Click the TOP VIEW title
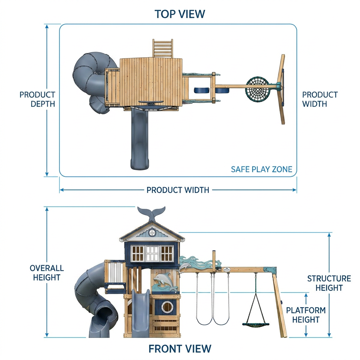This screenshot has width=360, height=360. point(180,14)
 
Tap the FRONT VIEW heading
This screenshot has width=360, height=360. point(180,348)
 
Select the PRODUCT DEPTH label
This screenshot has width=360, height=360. point(37,99)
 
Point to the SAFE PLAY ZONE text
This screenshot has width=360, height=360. point(262,169)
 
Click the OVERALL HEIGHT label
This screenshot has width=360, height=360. point(47,272)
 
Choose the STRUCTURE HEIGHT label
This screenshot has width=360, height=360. point(329,283)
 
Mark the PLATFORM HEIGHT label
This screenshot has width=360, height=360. point(306,315)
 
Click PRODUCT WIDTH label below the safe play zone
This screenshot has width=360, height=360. point(178,190)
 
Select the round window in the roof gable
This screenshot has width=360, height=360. point(152,232)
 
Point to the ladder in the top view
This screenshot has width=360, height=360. point(162,48)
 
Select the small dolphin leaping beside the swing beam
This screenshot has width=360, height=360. point(184,268)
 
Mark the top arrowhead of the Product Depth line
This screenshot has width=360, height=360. point(47,26)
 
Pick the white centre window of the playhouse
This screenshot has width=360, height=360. point(152,253)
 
